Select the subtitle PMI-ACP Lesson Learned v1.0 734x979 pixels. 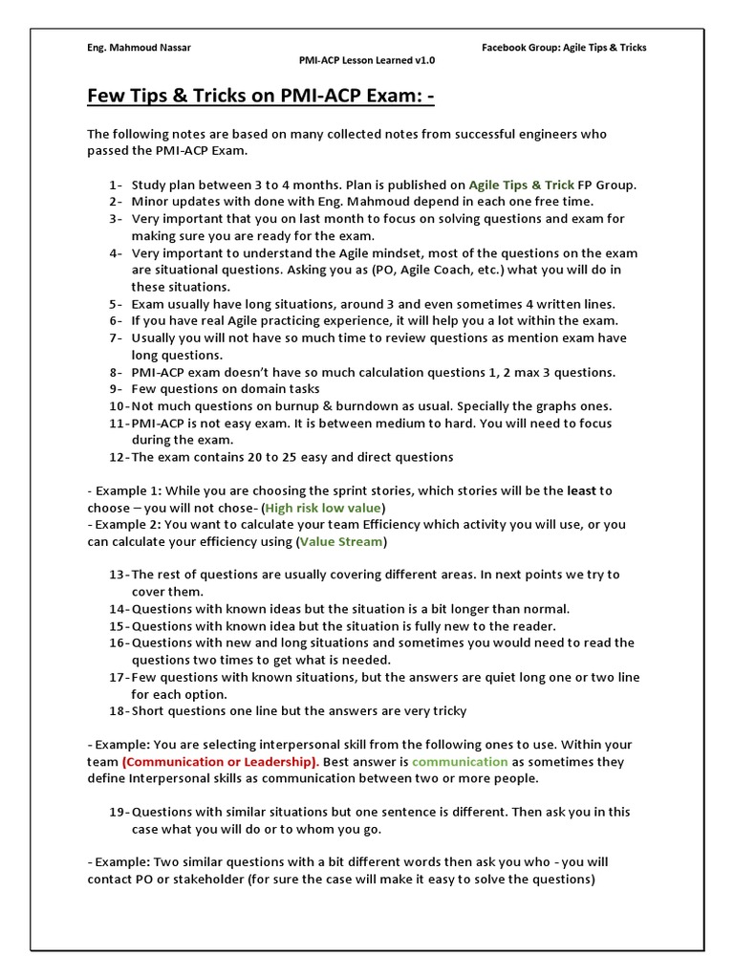[x=367, y=60]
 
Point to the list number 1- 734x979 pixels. [x=115, y=185]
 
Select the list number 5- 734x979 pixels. [x=115, y=304]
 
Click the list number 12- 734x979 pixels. [x=118, y=457]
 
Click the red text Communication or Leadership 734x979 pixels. [x=221, y=762]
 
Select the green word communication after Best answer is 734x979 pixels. [x=460, y=762]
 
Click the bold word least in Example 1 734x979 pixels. [x=582, y=490]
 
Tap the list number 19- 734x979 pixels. [x=118, y=813]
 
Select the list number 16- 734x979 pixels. [x=118, y=643]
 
